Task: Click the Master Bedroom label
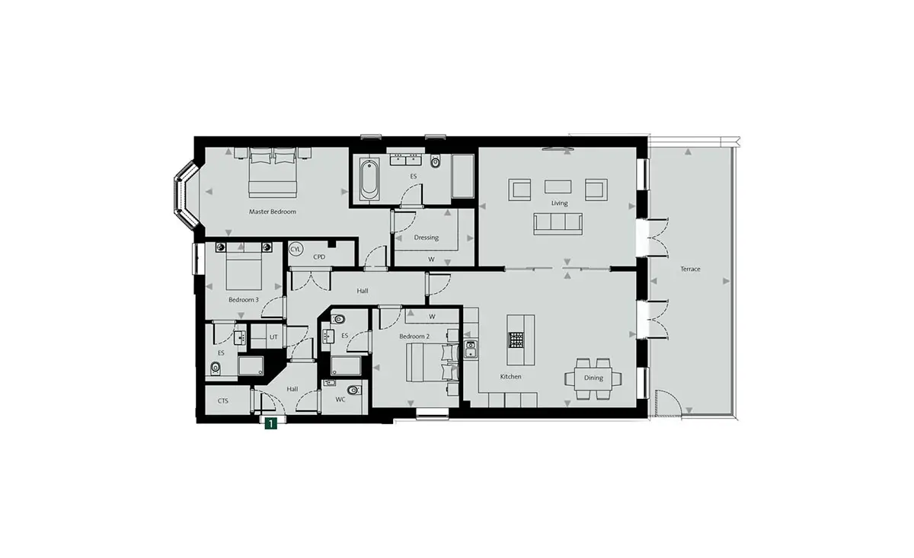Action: coord(273,212)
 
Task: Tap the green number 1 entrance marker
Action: coord(270,424)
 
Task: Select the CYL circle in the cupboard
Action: coord(296,249)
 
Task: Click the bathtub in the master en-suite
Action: coord(369,180)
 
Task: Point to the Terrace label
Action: coord(690,269)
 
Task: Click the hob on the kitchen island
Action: coord(516,340)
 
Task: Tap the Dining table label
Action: coord(593,378)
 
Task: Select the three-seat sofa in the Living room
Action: coord(558,224)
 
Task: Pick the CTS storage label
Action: coord(222,401)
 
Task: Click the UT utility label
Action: coord(273,337)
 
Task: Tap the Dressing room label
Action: coord(426,238)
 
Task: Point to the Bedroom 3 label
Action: coord(244,300)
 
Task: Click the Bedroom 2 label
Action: coord(414,336)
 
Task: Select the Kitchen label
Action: coord(510,377)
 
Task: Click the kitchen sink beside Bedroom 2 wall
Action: coord(471,349)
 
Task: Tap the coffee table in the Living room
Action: coord(558,187)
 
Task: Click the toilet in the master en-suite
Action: coord(436,162)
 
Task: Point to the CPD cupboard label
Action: coord(319,257)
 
